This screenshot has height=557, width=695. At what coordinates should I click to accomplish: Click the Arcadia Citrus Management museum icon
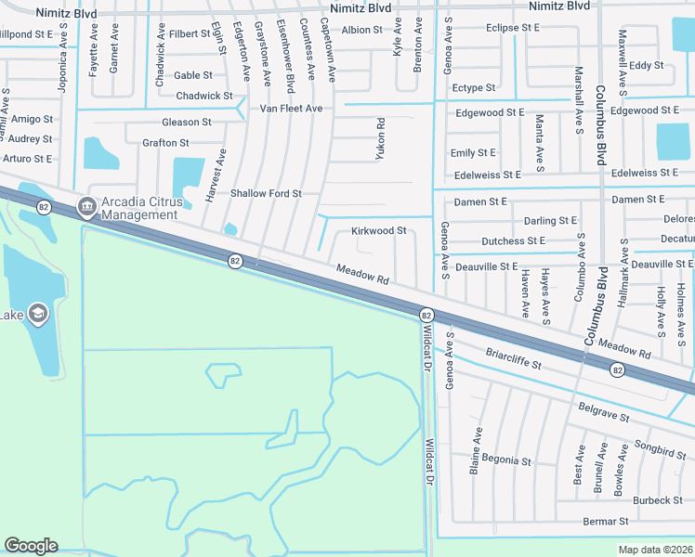[86, 205]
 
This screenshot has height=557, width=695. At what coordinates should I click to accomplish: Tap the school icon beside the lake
[38, 312]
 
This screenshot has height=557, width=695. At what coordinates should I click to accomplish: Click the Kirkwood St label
[379, 230]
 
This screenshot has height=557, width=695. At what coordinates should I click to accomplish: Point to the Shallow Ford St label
[266, 193]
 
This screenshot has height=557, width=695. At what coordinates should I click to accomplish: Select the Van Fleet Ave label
[291, 109]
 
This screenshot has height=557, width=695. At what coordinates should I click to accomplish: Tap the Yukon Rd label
[380, 138]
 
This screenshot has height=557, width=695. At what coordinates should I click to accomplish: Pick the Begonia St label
[506, 460]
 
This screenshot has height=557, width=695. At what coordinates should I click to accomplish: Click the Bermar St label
[607, 522]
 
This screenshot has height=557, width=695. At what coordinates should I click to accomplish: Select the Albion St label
[362, 30]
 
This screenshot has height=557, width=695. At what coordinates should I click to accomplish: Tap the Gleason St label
[187, 122]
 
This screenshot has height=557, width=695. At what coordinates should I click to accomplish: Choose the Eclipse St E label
[512, 28]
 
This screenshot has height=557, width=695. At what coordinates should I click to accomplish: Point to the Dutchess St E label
[513, 240]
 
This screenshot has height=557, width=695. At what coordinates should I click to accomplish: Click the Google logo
[31, 546]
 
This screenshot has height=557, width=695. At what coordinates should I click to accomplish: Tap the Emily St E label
[473, 152]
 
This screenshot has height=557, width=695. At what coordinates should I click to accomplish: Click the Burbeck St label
[658, 500]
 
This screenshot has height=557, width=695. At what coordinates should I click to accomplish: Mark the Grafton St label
[165, 143]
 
